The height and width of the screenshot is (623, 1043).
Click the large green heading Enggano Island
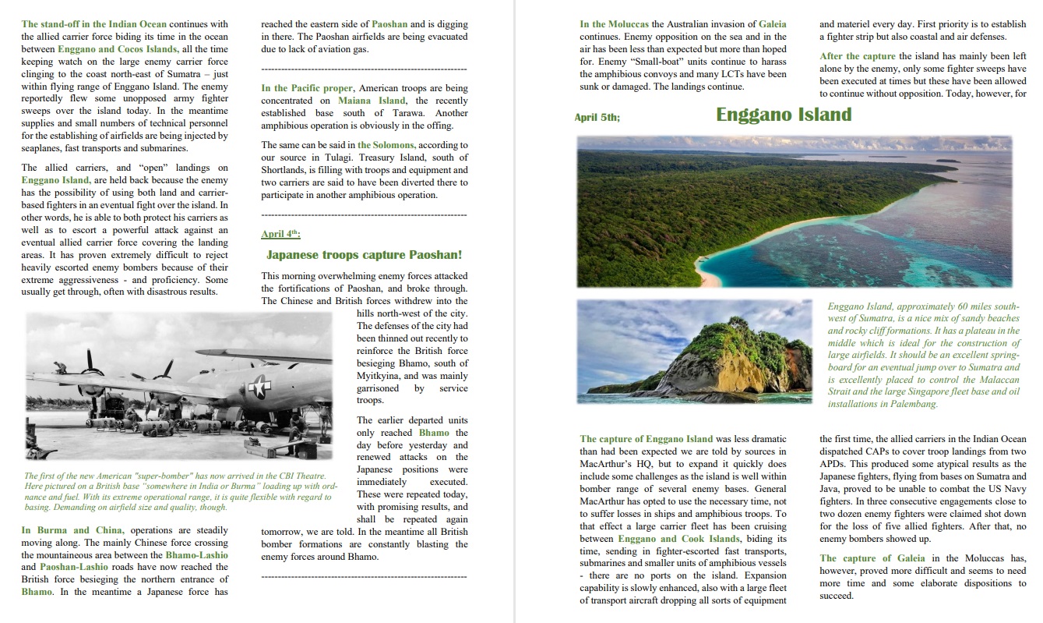coord(784,115)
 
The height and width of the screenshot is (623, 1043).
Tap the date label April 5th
coord(597,118)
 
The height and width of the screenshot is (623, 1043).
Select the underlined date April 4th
coord(280,234)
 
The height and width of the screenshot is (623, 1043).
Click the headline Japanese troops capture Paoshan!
coord(364,255)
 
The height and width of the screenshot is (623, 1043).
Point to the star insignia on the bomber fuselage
coord(257,385)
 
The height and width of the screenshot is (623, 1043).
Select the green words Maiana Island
coord(372,101)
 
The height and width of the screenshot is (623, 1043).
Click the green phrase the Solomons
coord(386,145)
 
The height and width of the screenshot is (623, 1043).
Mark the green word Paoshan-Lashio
coord(69,567)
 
